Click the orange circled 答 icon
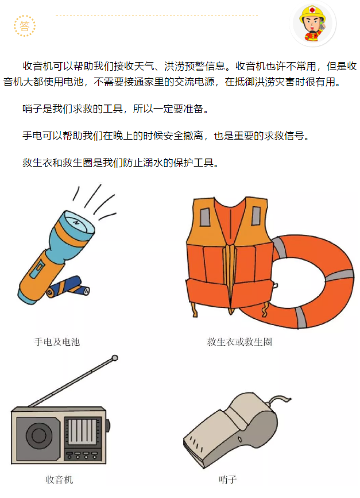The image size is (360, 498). coord(25,26)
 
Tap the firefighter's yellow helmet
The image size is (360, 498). coord(313,13)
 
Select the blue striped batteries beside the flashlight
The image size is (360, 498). coord(68,287)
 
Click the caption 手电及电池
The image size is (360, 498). coord(57,342)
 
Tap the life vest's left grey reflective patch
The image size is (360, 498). coord(205,217)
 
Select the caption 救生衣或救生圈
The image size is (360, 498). coord(239,342)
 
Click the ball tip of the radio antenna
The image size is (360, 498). coord(115,358)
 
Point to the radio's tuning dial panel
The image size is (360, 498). coord(83,431)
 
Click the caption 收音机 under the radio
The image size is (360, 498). coord(59,479)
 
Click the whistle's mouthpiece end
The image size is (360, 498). coord(193,442)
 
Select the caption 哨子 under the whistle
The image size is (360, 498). coord(227,479)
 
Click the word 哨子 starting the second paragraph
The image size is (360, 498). coord(32,109)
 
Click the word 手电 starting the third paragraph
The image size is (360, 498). coord(32,136)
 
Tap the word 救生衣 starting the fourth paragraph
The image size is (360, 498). coord(37,163)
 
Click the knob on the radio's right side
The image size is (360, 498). coord(109,426)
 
